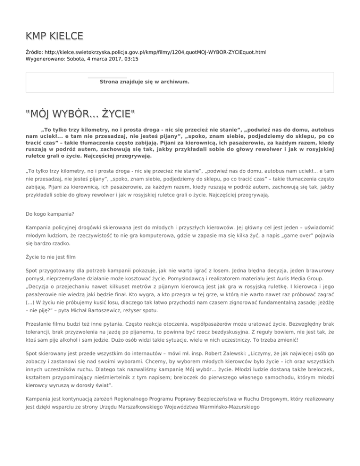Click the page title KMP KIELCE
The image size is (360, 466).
(55, 36)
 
